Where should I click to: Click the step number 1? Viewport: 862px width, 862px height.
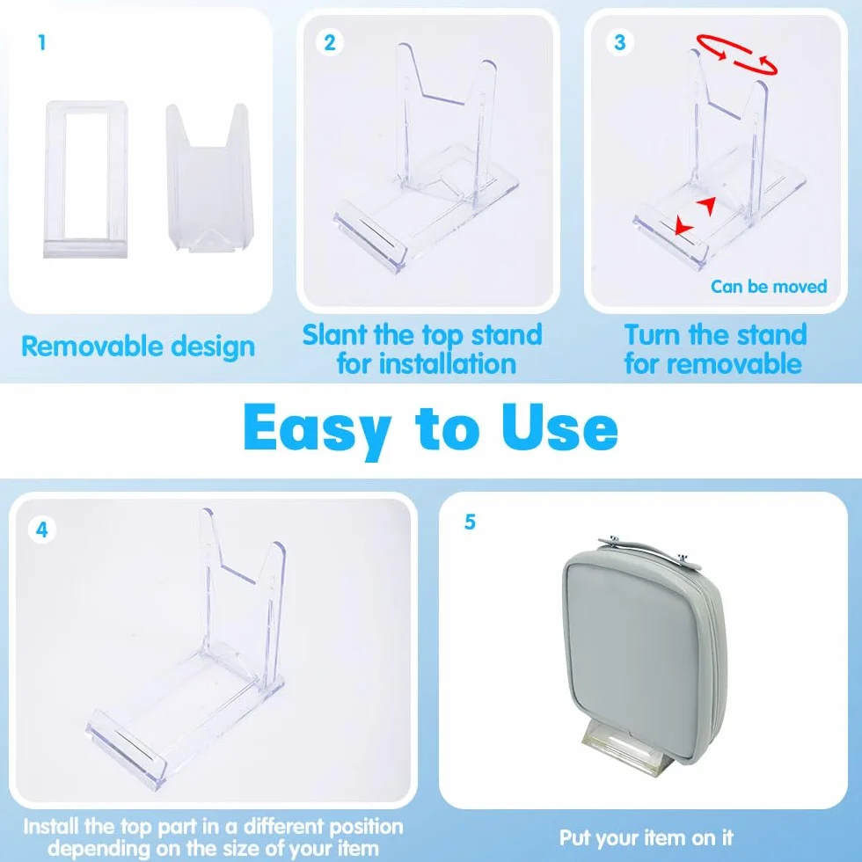pyautogui.click(x=42, y=43)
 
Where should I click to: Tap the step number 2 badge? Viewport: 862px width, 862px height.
pyautogui.click(x=329, y=43)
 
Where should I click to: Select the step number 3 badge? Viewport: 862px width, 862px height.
pyautogui.click(x=619, y=42)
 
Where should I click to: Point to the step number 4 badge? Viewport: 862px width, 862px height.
pyautogui.click(x=42, y=530)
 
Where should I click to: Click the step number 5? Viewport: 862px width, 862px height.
pyautogui.click(x=470, y=522)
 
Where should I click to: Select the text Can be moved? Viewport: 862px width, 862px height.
pyautogui.click(x=769, y=287)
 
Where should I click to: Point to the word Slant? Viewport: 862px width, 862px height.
pyautogui.click(x=334, y=334)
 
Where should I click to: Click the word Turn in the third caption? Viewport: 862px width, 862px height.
pyautogui.click(x=653, y=334)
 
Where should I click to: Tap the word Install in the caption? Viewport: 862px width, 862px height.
pyautogui.click(x=52, y=826)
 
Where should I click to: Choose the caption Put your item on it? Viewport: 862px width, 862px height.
pyautogui.click(x=646, y=837)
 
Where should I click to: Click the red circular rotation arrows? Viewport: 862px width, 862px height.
pyautogui.click(x=737, y=54)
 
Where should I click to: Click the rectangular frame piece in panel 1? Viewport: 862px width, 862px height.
pyautogui.click(x=86, y=179)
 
